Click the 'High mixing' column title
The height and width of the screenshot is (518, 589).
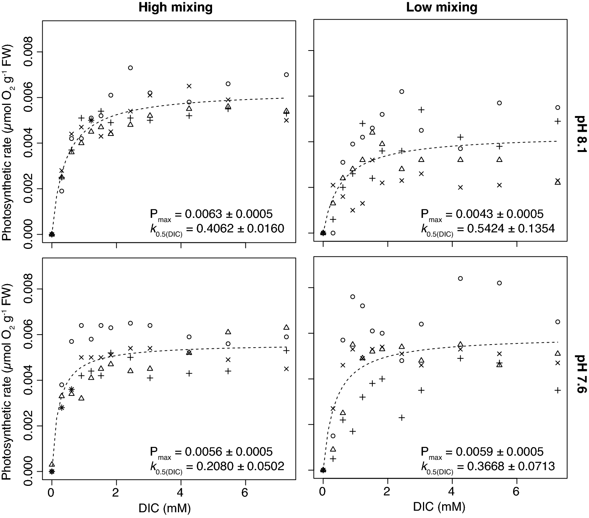[x=175, y=8]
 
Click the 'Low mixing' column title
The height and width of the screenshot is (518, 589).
[x=442, y=8]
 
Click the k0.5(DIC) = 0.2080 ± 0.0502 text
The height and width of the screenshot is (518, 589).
[x=217, y=466]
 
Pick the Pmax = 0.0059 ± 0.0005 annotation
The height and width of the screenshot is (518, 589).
[x=482, y=452]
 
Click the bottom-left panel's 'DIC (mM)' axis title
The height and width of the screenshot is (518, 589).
[x=165, y=508]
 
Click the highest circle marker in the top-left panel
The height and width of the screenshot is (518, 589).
[x=130, y=68]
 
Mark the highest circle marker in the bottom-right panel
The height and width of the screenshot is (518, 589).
[x=460, y=278]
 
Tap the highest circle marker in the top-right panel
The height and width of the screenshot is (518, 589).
[x=401, y=92]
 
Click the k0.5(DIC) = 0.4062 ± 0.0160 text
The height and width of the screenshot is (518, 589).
[x=217, y=229]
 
